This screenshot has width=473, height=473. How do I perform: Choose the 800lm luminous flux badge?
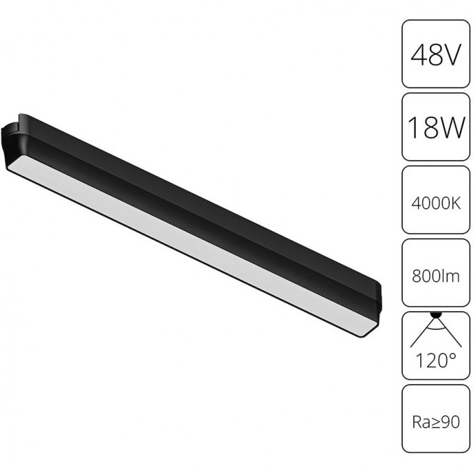[435, 275]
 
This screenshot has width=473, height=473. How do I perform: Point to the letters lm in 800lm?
[451, 276]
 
